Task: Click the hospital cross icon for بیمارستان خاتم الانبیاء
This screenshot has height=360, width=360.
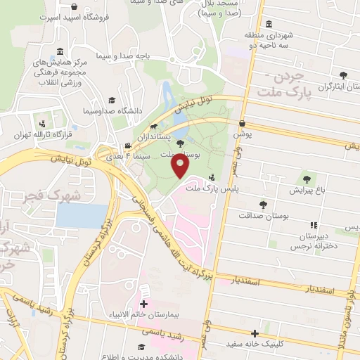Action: tap(144, 304)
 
